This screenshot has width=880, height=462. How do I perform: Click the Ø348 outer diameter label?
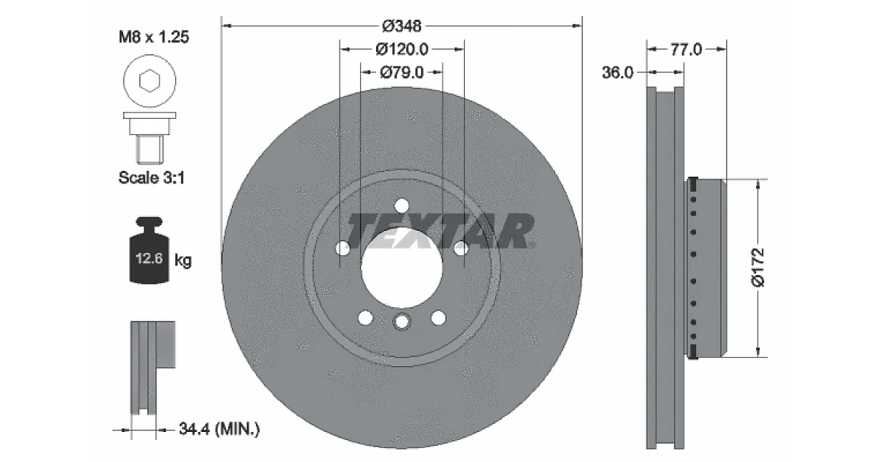[x=402, y=26]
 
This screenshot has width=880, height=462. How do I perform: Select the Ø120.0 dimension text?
[x=402, y=50]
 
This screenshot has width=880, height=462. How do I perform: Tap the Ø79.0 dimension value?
[x=402, y=73]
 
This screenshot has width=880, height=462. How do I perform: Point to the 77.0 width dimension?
[x=686, y=50]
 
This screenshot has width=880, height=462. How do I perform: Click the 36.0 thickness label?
[x=617, y=73]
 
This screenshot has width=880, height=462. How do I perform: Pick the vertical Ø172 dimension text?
[x=758, y=268]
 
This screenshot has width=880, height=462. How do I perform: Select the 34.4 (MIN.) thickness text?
[x=219, y=428]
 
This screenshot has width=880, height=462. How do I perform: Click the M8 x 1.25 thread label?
[x=153, y=37]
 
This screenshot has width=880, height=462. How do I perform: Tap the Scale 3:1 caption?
[x=152, y=177]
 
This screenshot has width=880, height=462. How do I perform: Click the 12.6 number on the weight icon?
[x=149, y=258]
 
